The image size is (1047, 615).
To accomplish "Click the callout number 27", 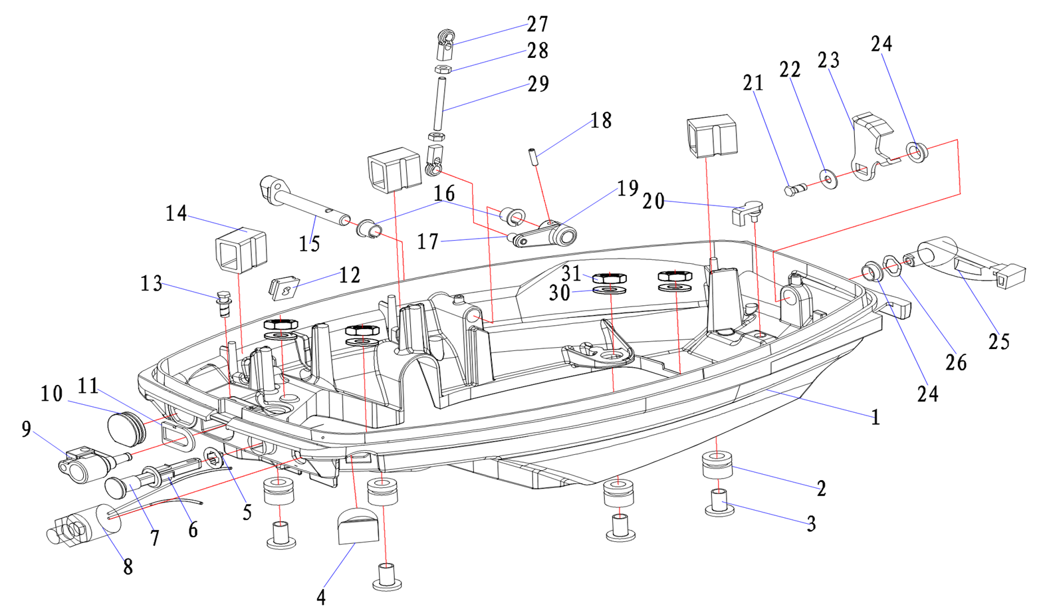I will coord(537,25).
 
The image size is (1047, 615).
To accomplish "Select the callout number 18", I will coord(600,121).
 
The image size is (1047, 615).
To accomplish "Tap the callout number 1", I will coord(875,418).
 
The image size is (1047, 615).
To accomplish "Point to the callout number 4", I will coord(321,597).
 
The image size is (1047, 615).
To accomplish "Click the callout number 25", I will coord(998,342).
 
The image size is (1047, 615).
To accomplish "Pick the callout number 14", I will coord(176,214).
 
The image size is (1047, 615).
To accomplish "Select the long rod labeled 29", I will coord(439,104).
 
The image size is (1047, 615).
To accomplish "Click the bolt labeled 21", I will coord(794,189).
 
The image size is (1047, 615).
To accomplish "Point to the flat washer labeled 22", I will coord(828,179).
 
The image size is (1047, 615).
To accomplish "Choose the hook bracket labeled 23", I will coord(868,150).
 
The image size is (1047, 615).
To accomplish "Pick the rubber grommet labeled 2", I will coord(717,464).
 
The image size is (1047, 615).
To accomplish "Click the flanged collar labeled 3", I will coord(719,503).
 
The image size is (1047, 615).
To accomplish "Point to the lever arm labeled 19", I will coord(545,234).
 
